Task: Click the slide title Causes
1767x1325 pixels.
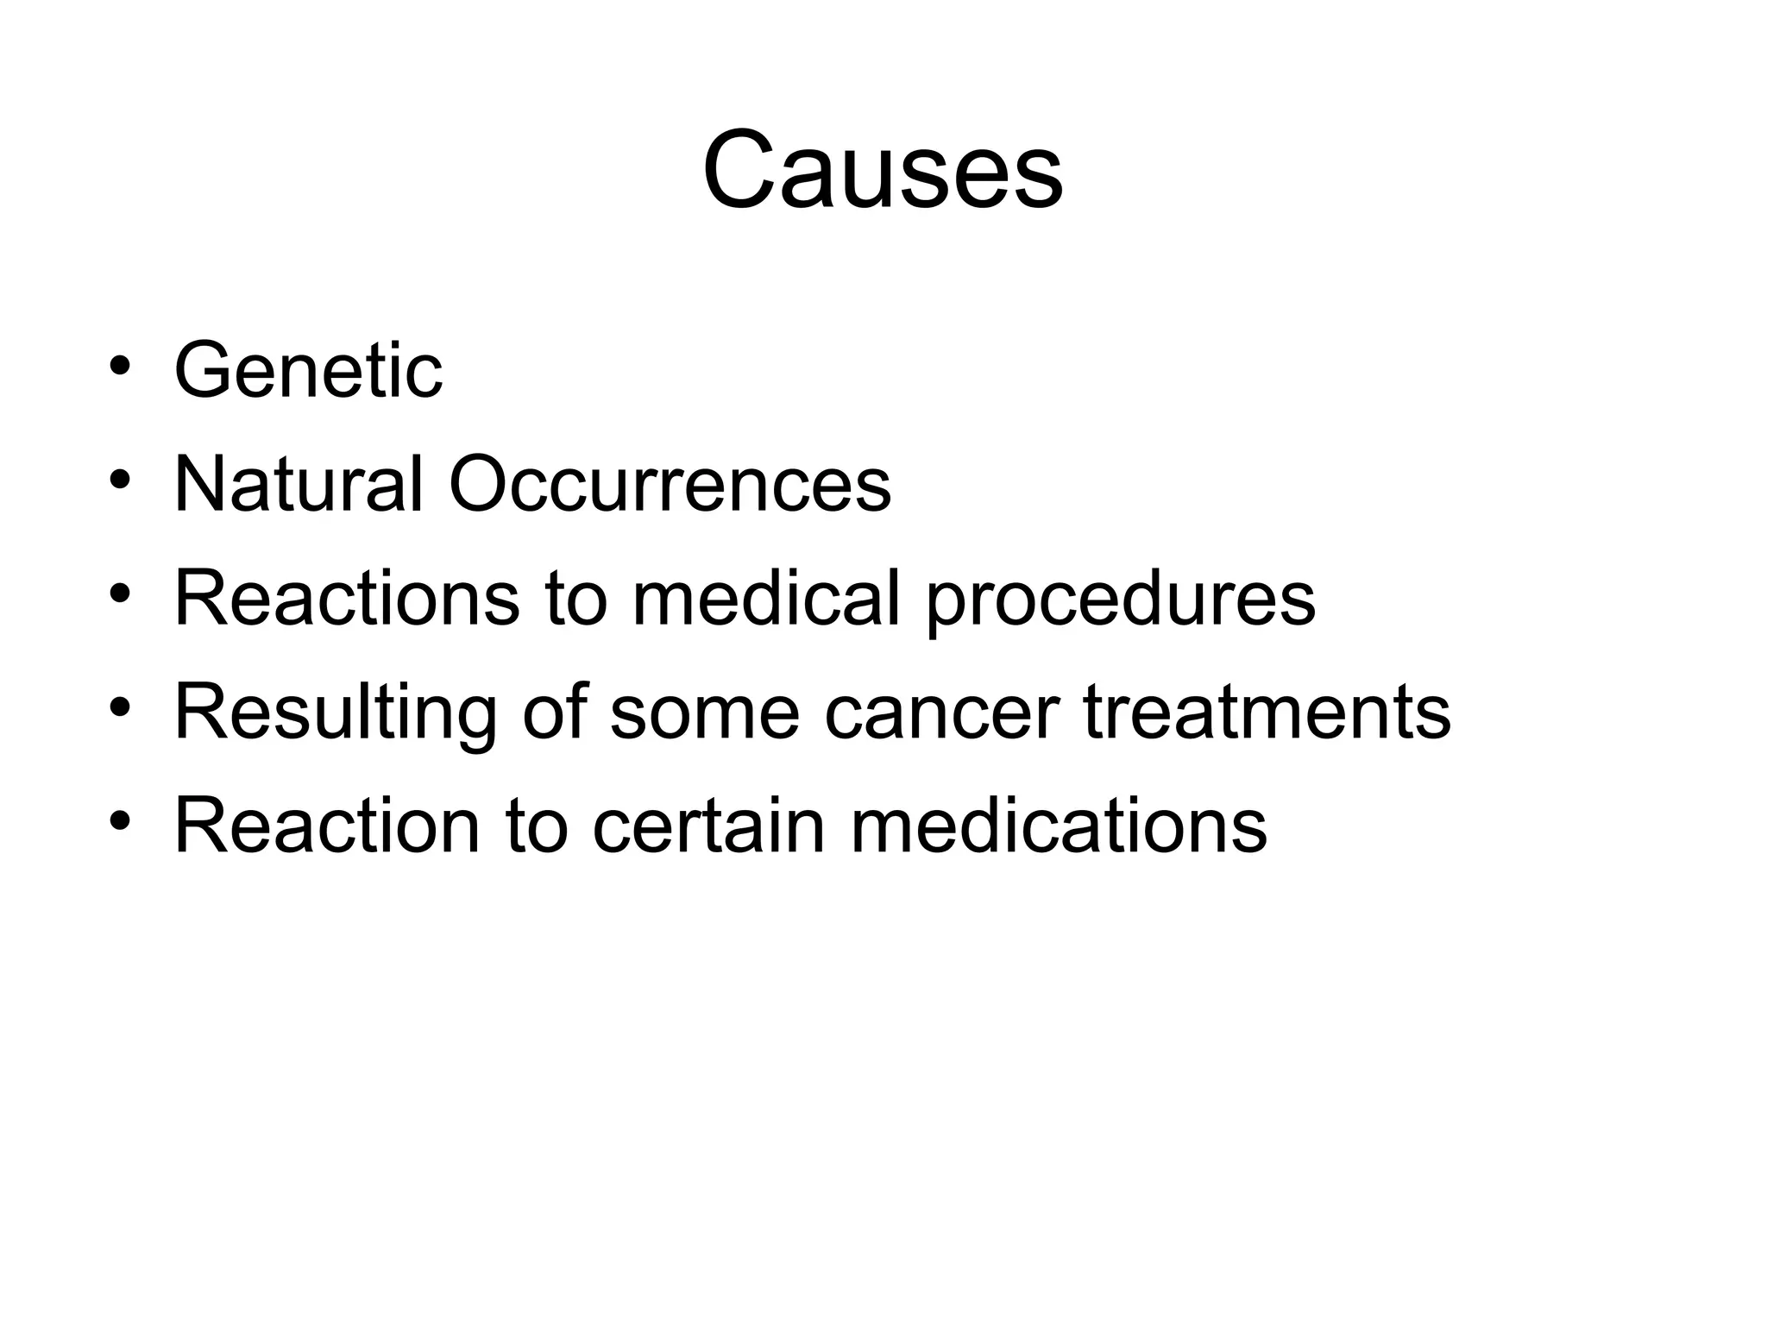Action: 883,170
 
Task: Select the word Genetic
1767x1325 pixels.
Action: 308,371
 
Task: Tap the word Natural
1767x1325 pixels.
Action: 299,485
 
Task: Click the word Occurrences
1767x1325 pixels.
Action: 670,485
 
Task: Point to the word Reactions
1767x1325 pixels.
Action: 347,598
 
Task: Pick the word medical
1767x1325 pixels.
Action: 767,598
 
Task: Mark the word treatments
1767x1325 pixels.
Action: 1267,713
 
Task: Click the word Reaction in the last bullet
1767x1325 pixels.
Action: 327,826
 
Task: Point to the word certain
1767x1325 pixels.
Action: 708,826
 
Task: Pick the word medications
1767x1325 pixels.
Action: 1059,826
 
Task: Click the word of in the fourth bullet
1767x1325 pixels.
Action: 554,713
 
